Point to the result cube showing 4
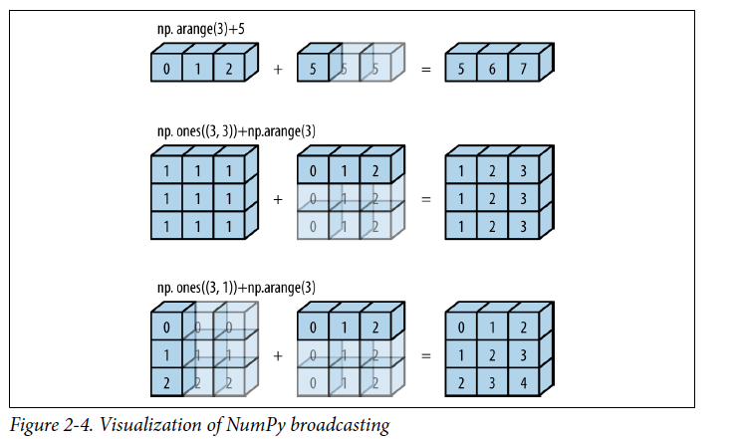(x=523, y=383)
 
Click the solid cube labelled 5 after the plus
(x=313, y=70)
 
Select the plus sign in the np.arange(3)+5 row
(x=277, y=70)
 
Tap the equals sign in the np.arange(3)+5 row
(x=425, y=70)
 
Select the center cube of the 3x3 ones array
(x=196, y=200)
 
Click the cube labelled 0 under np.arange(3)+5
(x=165, y=70)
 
